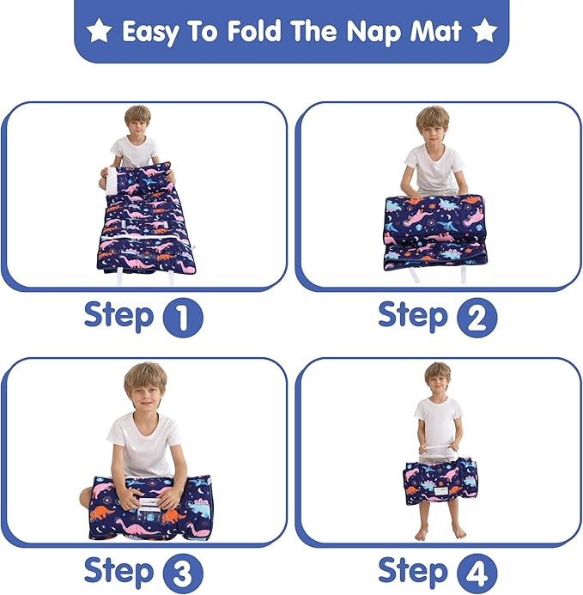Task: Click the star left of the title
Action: [x=100, y=33]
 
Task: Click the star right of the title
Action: [x=485, y=33]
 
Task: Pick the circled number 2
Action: [x=477, y=319]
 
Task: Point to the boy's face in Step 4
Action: [x=438, y=378]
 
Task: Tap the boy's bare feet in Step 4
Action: [x=438, y=532]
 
